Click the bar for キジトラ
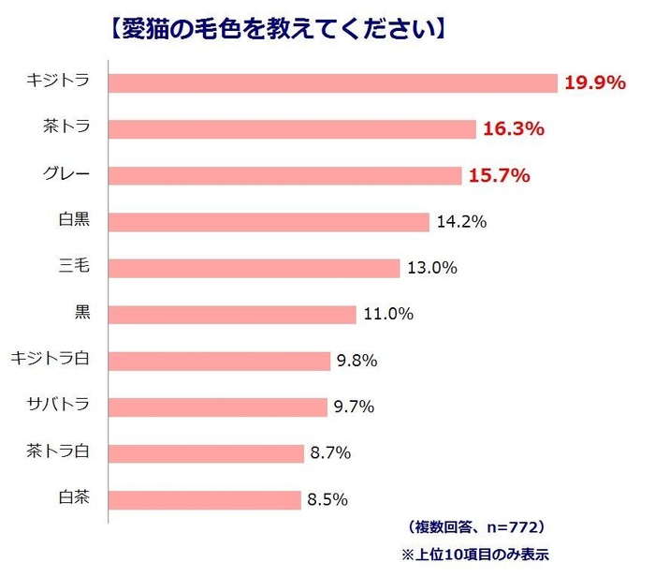(x=333, y=82)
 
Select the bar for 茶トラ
(x=293, y=128)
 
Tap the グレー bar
(x=285, y=175)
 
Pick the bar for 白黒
(x=269, y=221)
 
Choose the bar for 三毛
(x=255, y=268)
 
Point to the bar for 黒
(x=233, y=314)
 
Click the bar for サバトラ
(x=219, y=407)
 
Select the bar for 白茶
(x=205, y=498)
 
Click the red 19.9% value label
(x=594, y=82)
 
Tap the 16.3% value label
(x=514, y=129)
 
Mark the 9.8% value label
(x=355, y=361)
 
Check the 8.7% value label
(x=329, y=452)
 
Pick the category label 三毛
(x=74, y=266)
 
